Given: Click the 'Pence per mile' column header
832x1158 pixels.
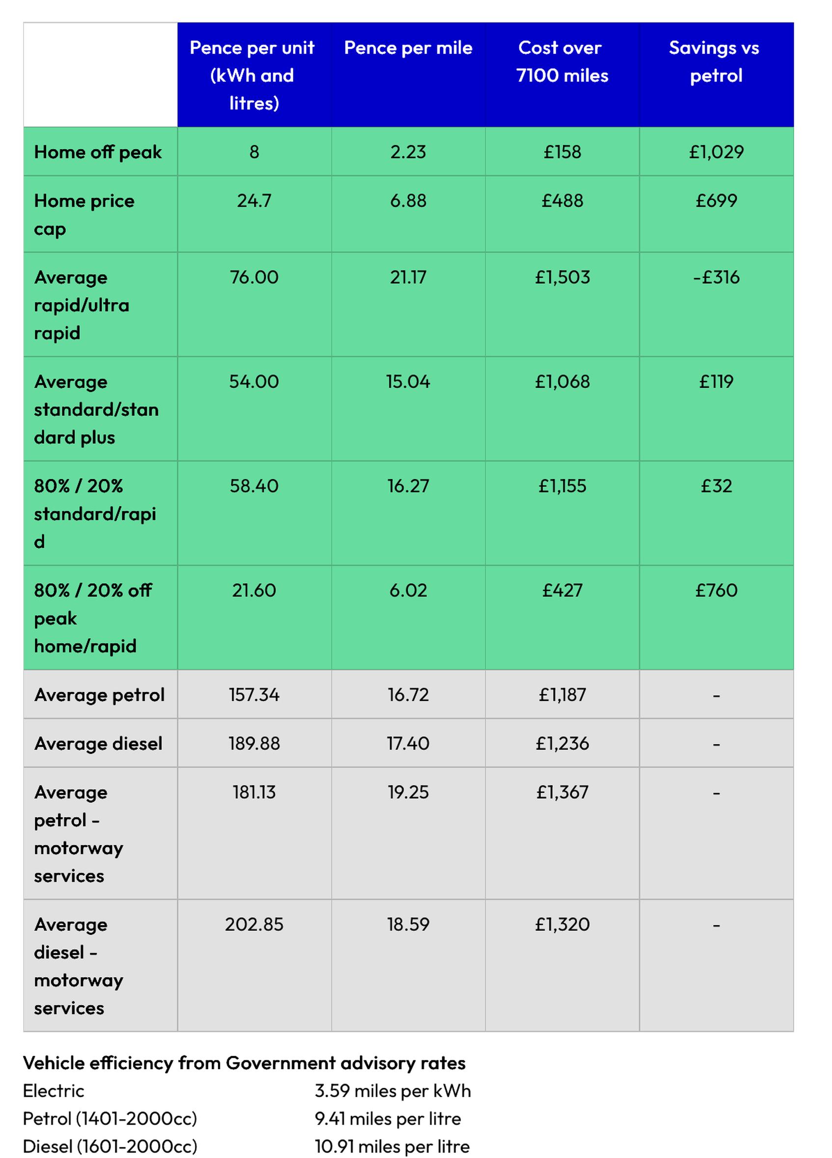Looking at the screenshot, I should (408, 48).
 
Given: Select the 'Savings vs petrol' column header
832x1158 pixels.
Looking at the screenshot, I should (716, 62).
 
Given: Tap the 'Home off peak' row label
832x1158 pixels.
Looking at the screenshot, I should (98, 152).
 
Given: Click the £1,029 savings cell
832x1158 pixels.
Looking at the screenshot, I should (716, 152).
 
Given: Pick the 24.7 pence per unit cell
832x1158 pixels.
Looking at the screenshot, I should (254, 201).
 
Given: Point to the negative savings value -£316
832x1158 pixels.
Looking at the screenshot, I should (716, 277).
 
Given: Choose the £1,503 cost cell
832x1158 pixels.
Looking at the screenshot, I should (562, 277).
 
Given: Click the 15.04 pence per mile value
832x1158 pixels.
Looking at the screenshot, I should (408, 381).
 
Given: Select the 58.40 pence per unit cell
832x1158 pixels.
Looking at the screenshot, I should (254, 485).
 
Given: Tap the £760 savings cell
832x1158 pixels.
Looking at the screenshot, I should (716, 590).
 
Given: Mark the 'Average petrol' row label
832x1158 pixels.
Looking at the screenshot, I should (99, 695).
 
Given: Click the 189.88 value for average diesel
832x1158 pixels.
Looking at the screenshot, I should (254, 743).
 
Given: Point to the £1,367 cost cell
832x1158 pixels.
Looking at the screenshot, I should (562, 792).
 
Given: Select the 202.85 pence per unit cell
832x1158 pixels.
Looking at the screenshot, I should (254, 924).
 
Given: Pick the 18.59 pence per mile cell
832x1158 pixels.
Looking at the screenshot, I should (408, 924).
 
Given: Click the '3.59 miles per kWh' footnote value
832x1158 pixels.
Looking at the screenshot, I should (393, 1091).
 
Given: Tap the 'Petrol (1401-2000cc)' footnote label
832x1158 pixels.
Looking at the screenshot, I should (110, 1119).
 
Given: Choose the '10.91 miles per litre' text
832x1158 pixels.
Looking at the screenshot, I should (392, 1146).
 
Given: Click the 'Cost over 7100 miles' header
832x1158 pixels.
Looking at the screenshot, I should (562, 62).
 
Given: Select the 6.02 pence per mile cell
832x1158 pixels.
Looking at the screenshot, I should (408, 590).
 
